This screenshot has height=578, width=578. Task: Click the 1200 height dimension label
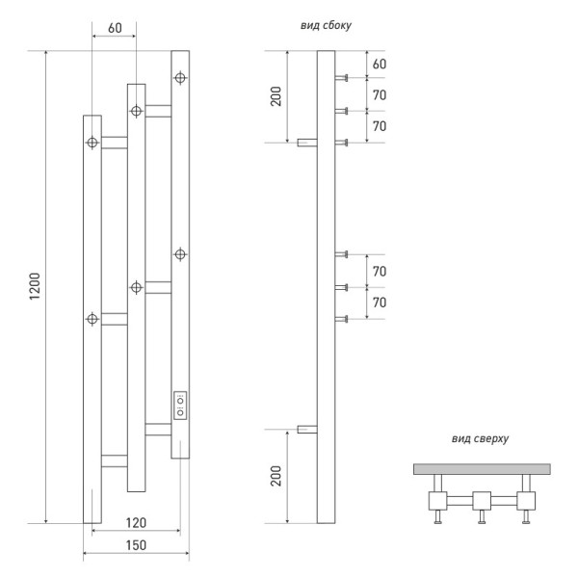point(35,287)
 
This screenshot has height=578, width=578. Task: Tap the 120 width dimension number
point(134,522)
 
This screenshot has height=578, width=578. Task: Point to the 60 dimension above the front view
point(114,29)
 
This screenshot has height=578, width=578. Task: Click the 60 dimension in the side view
point(379,64)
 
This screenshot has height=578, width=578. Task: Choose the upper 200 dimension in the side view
point(276,96)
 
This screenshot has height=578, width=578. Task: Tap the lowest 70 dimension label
point(379,302)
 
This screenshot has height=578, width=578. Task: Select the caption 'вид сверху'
point(480,439)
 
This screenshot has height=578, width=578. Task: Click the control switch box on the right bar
point(180,405)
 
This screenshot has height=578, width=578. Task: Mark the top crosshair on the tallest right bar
point(180,76)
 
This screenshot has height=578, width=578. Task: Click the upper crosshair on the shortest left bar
point(92,144)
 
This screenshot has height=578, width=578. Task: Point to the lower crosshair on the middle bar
point(136,286)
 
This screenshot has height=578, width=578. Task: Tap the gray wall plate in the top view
point(481,469)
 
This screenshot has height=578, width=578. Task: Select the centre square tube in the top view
point(481,500)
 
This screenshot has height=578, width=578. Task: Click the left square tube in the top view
point(436,500)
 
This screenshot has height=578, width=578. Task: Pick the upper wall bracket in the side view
point(306,144)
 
